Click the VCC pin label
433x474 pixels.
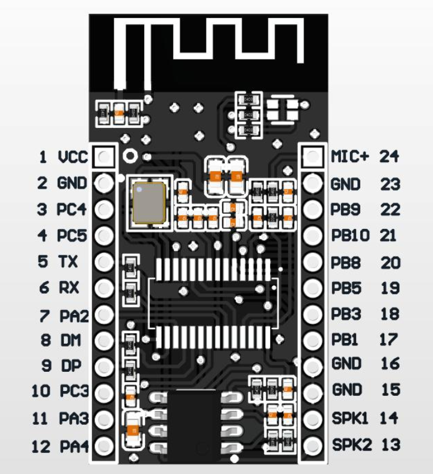click(x=73, y=157)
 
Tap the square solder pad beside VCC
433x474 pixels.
click(x=105, y=157)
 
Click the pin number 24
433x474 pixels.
click(x=388, y=157)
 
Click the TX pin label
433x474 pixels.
click(x=69, y=262)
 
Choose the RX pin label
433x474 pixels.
click(x=69, y=288)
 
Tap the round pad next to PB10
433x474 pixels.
click(x=313, y=235)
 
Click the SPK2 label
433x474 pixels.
click(x=352, y=445)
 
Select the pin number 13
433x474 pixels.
click(x=390, y=445)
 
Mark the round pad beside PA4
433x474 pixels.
click(x=105, y=446)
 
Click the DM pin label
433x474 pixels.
click(x=69, y=340)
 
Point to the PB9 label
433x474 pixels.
click(x=346, y=209)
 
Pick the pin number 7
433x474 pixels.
click(x=44, y=314)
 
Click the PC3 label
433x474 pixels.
click(x=74, y=392)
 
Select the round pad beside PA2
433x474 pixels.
click(x=105, y=314)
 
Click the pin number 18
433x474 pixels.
click(x=390, y=314)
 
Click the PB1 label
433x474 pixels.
click(x=345, y=339)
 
